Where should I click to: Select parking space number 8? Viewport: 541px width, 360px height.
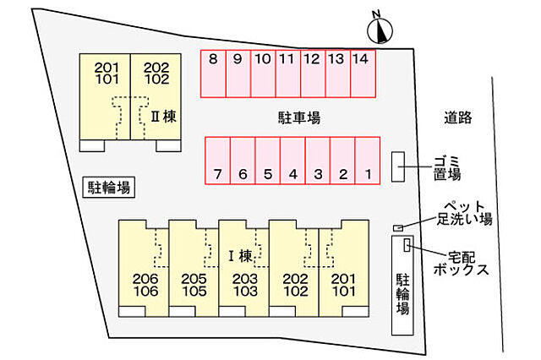tap(213, 74)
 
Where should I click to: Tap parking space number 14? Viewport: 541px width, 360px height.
tap(363, 74)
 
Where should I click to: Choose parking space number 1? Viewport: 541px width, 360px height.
tap(368, 161)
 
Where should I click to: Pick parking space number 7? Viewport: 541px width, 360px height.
tap(218, 161)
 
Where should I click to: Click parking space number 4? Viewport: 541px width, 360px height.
tap(292, 161)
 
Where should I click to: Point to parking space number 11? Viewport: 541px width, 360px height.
tap(288, 74)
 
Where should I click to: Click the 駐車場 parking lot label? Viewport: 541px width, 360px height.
tap(299, 117)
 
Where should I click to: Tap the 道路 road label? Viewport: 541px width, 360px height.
tap(458, 117)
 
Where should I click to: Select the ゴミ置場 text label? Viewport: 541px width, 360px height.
tap(447, 168)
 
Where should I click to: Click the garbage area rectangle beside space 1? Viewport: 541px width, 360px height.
tap(398, 166)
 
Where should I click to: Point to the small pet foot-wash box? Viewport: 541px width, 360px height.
tap(398, 228)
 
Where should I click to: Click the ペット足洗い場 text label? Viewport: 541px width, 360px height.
tap(464, 213)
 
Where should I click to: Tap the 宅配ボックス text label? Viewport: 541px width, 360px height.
tap(462, 264)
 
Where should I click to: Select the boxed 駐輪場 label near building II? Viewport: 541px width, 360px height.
tap(109, 188)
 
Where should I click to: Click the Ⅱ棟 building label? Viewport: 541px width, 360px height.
tap(163, 117)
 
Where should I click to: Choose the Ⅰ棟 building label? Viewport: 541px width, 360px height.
tap(241, 256)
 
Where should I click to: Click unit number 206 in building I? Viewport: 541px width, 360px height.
tap(145, 278)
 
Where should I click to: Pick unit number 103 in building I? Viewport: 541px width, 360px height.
tap(245, 292)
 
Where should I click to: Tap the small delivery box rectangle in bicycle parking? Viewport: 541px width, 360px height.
tap(407, 244)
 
